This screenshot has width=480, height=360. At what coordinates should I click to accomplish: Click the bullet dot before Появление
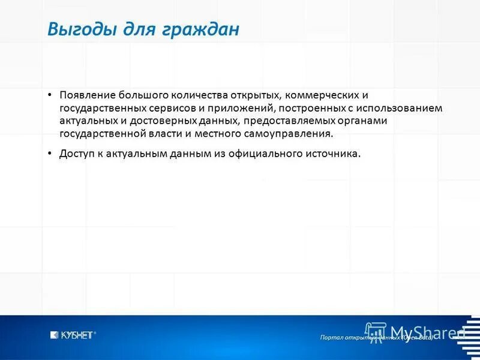(x=51, y=95)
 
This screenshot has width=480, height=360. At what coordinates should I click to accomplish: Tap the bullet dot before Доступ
(x=51, y=154)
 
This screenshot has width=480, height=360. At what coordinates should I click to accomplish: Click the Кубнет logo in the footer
(x=73, y=335)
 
